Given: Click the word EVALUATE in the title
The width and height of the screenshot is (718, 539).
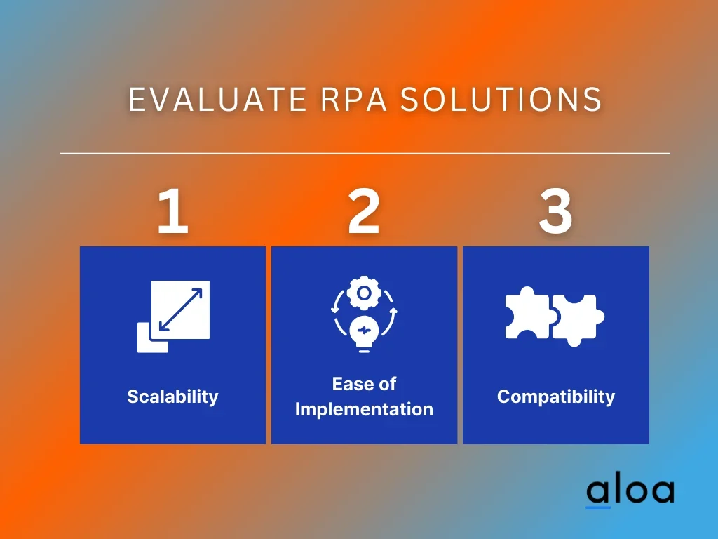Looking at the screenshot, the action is point(217,100).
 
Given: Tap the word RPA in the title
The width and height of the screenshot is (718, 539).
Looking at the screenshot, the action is point(354,100).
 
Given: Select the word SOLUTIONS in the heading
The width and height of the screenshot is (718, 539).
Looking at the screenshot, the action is point(501,100).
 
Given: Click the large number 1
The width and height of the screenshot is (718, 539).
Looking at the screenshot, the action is point(172,211).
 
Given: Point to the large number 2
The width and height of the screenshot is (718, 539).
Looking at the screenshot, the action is point(364,211).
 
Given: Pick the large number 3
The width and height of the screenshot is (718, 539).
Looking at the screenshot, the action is point(555,212).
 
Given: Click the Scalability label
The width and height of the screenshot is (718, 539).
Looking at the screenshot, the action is point(172,397).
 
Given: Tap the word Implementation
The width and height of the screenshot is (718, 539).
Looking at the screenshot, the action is point(364,409).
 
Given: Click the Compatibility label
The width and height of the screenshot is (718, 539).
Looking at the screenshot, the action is point(556,397).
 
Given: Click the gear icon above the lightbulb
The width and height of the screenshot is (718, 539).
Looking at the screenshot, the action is point(364,293).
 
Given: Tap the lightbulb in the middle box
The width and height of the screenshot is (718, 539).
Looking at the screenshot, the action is point(364,334).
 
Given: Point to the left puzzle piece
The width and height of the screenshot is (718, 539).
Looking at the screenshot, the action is point(527,314).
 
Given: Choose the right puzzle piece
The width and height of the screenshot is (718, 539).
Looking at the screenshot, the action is point(578,319).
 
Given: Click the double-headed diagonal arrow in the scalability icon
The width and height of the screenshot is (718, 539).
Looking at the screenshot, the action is point(181,310).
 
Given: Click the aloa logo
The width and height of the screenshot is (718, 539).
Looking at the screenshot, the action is point(630,491).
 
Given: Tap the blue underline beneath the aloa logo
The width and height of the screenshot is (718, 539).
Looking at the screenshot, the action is point(598,507).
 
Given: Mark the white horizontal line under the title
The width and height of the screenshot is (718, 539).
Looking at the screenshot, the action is point(365,153).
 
